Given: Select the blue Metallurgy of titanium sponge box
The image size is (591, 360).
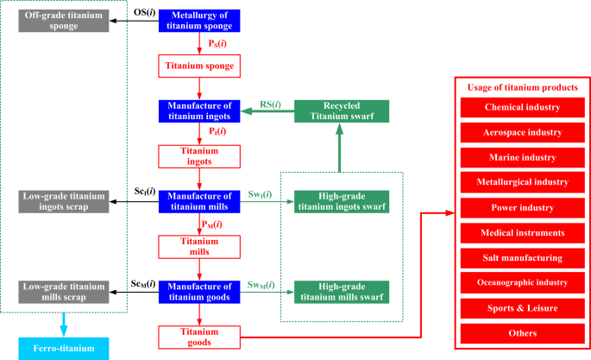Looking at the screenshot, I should click(199, 21).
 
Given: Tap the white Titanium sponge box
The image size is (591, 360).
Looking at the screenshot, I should click(199, 66).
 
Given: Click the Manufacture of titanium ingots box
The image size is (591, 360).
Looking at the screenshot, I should click(199, 111).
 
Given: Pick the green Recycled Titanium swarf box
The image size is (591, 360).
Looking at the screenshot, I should click(342, 111).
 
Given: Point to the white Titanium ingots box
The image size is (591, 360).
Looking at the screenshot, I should click(199, 155).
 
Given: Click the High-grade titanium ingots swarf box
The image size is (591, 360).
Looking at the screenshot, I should click(342, 201).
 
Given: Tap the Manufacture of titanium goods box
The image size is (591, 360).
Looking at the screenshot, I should click(199, 291).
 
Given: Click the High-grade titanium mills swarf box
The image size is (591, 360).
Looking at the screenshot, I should click(342, 291).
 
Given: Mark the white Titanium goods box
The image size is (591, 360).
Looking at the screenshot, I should click(199, 336).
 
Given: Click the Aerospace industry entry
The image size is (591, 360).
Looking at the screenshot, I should click(523, 133).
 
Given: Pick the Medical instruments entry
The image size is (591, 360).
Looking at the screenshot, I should click(523, 233).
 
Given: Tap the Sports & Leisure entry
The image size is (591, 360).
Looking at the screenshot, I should click(523, 307).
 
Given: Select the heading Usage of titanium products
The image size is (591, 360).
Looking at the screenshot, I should click(523, 87).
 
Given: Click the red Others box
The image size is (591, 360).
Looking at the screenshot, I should click(523, 333).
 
